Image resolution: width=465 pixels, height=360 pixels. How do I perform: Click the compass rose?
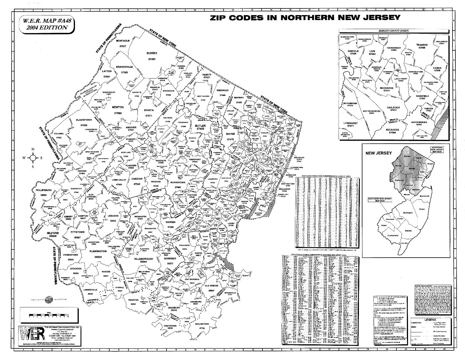click(33, 158)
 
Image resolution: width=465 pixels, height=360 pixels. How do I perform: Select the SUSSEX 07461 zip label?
click(151, 56)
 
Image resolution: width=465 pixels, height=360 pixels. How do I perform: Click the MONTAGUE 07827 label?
click(123, 43)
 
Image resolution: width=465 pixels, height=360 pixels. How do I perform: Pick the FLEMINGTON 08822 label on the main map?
click(98, 253)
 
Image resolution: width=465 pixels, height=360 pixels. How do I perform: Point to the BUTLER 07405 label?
click(201, 127)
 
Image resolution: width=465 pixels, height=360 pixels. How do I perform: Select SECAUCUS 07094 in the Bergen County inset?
click(392, 131)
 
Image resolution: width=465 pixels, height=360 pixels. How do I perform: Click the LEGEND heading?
click(430, 320)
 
